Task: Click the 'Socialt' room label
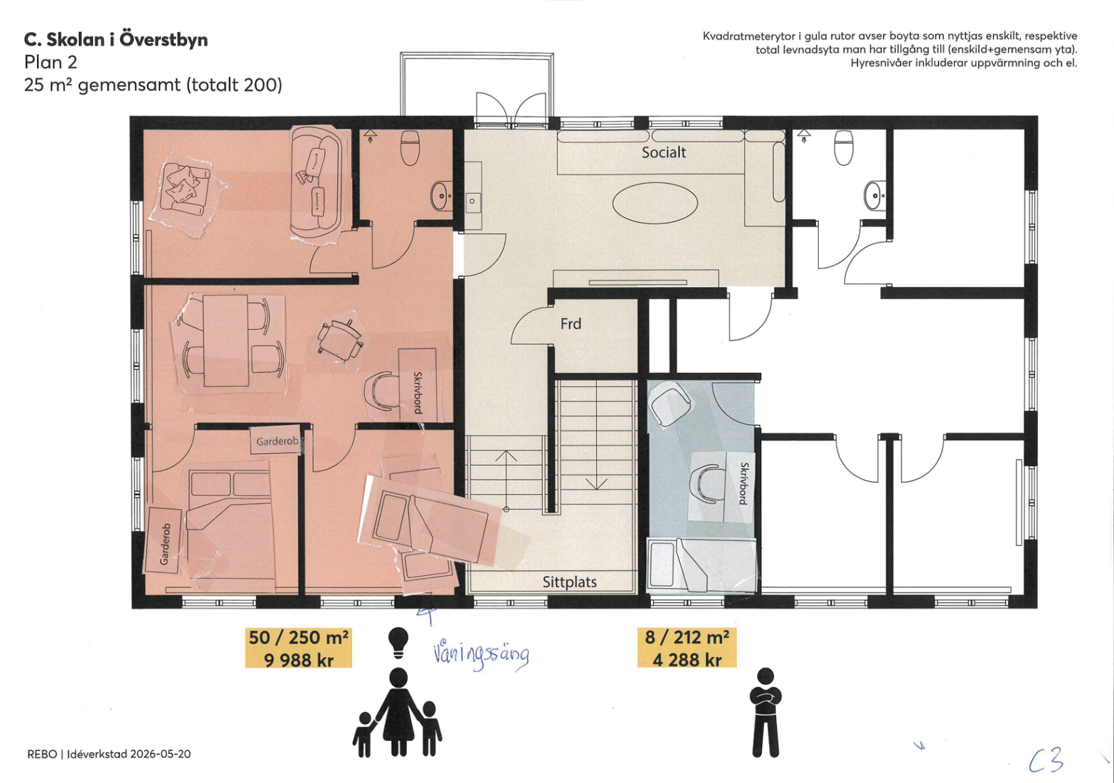click(664, 152)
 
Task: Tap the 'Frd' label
click(571, 324)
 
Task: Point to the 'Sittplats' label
click(569, 582)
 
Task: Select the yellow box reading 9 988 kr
click(298, 648)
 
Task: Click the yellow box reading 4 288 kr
click(686, 648)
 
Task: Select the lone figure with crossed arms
click(765, 713)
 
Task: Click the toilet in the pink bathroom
click(410, 147)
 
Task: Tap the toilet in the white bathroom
click(844, 147)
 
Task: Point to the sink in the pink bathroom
click(441, 196)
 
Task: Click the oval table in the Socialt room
click(655, 203)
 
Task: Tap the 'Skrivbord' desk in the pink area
click(418, 384)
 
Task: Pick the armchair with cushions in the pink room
click(186, 191)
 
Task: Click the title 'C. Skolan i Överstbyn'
click(116, 40)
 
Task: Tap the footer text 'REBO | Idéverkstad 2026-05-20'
click(109, 754)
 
